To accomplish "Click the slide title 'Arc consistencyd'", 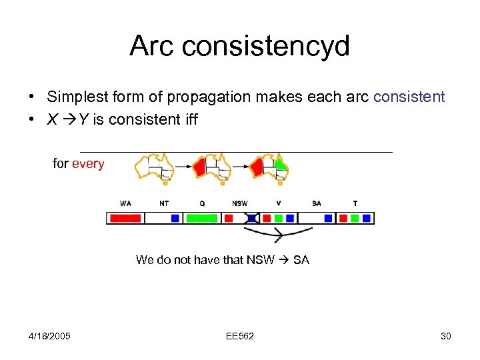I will point(239,46).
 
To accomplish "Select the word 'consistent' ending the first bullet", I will point(409,97).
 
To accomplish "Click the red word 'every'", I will point(88,164).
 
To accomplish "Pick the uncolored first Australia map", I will point(154,166).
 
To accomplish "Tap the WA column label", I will point(125,203).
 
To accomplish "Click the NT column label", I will point(163,203).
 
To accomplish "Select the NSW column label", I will point(239,203).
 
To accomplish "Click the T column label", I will point(355,203).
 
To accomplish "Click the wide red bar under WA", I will point(125,218).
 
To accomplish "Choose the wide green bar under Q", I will point(201,218).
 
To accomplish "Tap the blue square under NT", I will point(175,218).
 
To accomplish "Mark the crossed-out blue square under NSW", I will point(252,218).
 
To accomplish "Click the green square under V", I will point(278,218).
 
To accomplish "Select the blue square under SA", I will point(328,218).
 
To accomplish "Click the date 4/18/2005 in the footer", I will point(50,336).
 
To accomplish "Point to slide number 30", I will point(446,336).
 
